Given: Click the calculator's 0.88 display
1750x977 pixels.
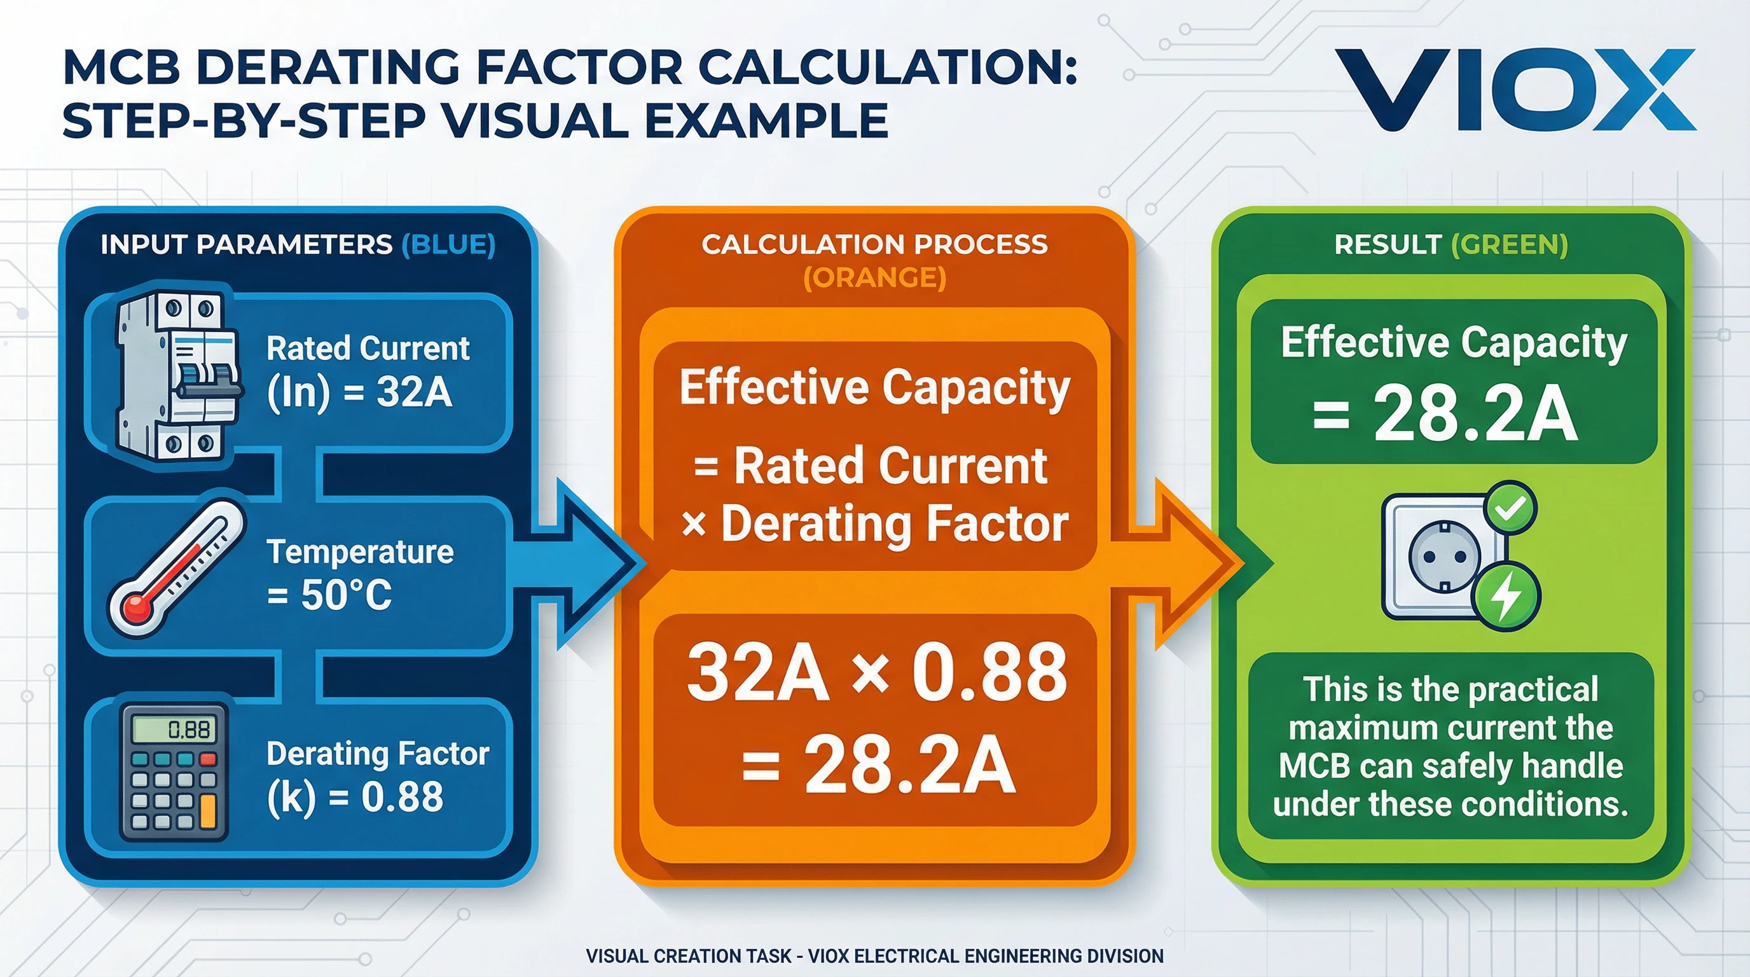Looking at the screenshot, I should pyautogui.click(x=175, y=730).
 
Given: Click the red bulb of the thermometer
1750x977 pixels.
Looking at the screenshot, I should pyautogui.click(x=138, y=607).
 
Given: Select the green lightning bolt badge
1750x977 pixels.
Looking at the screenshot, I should pyautogui.click(x=1506, y=596).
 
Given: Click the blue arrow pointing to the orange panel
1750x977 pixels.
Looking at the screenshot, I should pyautogui.click(x=584, y=562).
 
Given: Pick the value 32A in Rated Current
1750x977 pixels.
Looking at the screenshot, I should pyautogui.click(x=415, y=392).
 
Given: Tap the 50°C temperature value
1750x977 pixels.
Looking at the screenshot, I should pyautogui.click(x=347, y=595).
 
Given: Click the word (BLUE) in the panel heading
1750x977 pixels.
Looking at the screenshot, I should pyautogui.click(x=448, y=245).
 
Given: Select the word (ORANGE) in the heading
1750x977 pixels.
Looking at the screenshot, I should pyautogui.click(x=874, y=278).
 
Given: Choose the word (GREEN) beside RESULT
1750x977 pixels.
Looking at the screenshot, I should pyautogui.click(x=1510, y=245).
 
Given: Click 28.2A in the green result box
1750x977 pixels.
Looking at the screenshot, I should pyautogui.click(x=1475, y=414).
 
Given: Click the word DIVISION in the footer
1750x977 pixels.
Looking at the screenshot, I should pyautogui.click(x=1125, y=956).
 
